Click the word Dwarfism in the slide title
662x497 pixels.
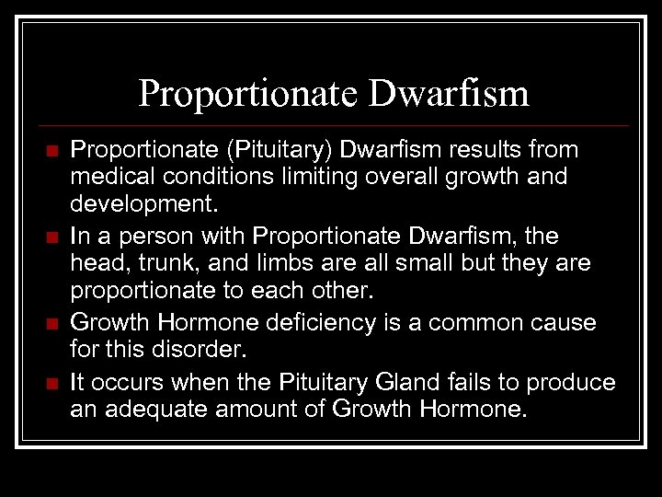[450, 94]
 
